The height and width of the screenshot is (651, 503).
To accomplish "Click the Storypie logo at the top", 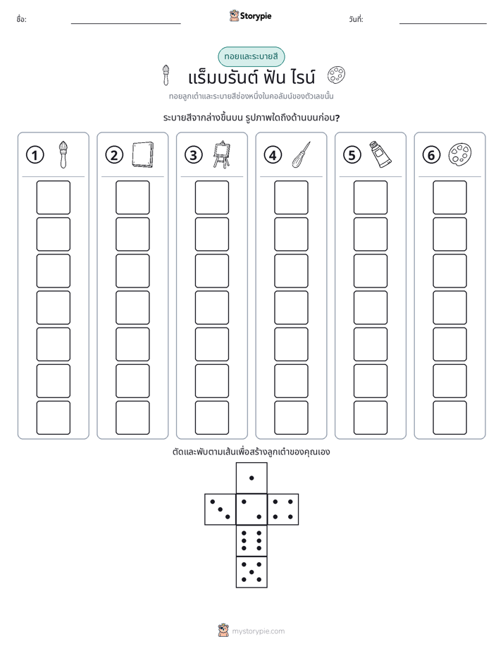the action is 250,16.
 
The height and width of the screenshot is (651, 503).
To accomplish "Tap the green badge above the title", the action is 251,57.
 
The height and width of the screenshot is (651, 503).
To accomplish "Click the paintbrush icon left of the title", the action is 166,75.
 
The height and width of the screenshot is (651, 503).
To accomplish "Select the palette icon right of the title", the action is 336,75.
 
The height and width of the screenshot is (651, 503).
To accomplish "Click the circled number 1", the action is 35,155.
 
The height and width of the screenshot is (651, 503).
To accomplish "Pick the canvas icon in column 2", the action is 143,155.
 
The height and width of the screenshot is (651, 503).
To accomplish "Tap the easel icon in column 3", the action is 222,154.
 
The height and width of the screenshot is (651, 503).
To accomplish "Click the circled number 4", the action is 273,155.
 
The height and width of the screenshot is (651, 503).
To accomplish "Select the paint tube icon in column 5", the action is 380,154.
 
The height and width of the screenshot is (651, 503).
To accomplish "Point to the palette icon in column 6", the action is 460,154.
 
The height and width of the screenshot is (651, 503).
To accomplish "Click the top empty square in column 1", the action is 53,197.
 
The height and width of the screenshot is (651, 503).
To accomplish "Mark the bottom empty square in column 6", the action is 450,418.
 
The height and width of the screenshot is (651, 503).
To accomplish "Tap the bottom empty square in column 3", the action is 211,418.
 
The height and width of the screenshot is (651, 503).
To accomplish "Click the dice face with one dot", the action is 252,478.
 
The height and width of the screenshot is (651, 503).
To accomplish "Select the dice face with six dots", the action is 252,541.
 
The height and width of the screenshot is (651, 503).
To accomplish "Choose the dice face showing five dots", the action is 252,572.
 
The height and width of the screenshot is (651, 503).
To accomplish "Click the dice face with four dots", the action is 283,509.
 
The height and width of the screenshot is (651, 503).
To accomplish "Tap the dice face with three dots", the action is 221,509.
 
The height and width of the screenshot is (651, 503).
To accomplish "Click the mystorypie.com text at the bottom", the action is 258,631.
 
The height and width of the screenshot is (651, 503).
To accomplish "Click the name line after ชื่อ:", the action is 125,24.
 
